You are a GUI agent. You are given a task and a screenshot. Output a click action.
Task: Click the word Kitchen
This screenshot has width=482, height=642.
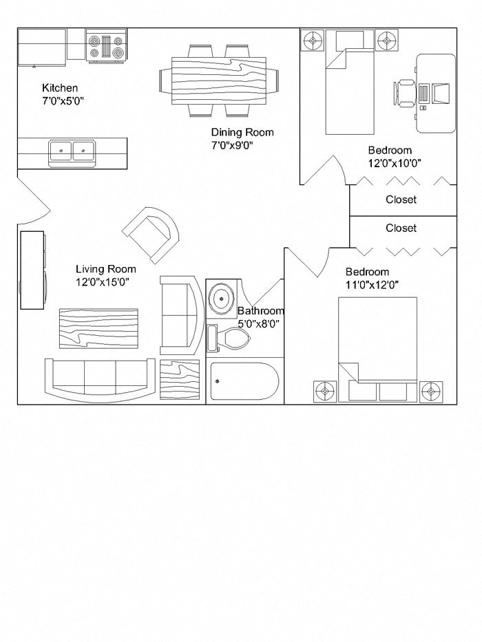pyautogui.click(x=60, y=88)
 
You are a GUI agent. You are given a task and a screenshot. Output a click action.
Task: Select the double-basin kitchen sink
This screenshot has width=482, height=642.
pyautogui.click(x=72, y=151)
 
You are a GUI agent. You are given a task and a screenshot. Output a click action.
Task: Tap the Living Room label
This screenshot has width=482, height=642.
pyautogui.click(x=105, y=269)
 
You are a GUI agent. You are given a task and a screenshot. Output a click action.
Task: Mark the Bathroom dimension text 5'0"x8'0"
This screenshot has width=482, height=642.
pyautogui.click(x=258, y=323)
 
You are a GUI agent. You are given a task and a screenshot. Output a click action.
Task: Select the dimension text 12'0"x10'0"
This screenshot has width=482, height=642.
pyautogui.click(x=394, y=163)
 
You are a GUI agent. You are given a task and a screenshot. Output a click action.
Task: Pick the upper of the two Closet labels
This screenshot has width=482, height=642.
pyautogui.click(x=401, y=200)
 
